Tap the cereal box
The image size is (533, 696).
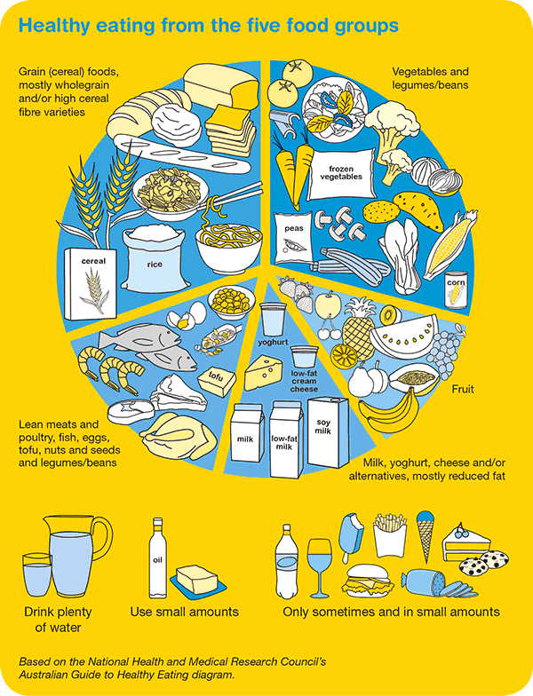(91, 284)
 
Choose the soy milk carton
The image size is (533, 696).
(329, 431)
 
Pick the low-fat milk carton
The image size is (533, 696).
(287, 439)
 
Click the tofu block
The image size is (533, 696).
(217, 382)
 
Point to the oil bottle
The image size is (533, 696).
(157, 558)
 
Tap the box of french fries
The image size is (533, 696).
(389, 535)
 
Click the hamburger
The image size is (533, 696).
(368, 581)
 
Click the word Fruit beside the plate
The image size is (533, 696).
(463, 389)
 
